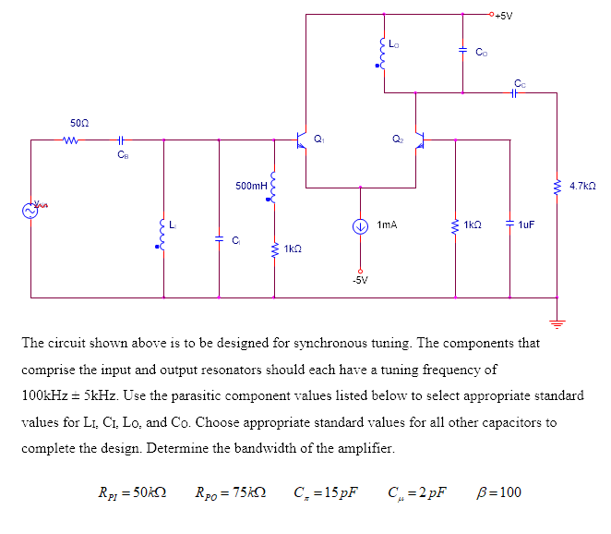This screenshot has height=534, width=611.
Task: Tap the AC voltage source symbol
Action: coord(30,211)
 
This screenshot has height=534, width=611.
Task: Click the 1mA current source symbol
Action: coord(361,224)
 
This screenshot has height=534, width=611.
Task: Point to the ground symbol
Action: coord(557,322)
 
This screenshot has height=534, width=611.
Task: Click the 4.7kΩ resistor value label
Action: coord(583,186)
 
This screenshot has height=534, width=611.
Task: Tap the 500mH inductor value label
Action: coord(250,186)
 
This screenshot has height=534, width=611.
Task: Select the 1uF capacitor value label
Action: coord(527,224)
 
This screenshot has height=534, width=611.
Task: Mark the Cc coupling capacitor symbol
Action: coord(519,92)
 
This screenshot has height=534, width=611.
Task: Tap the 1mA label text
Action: coord(388,224)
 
